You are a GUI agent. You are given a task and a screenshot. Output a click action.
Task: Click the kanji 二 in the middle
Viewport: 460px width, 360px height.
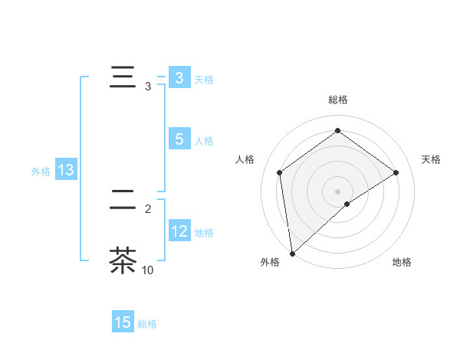(123, 198)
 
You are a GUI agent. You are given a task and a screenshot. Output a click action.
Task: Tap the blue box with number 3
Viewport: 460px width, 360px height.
(179, 78)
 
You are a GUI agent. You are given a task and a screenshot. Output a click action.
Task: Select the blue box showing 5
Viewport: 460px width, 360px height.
(179, 139)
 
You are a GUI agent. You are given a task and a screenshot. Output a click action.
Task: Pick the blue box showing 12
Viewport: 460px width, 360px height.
(179, 231)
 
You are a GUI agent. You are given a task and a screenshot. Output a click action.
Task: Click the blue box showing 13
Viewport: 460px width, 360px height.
(66, 171)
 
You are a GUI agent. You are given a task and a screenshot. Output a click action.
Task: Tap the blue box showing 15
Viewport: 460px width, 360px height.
(123, 322)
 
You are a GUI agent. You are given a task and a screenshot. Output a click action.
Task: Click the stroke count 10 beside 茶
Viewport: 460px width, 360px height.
(147, 270)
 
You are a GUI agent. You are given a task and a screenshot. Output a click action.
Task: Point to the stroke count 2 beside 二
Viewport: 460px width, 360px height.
(148, 208)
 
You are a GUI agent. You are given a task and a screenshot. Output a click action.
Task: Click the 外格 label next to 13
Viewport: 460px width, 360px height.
(41, 172)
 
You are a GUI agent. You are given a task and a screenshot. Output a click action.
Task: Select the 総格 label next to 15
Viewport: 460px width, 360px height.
(147, 324)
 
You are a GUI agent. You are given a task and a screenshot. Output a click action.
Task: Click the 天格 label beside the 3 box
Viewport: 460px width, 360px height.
(204, 80)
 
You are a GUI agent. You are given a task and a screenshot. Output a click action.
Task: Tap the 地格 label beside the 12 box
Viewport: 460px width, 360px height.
(204, 233)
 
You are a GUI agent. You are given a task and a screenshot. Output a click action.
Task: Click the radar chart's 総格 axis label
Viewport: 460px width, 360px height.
(337, 100)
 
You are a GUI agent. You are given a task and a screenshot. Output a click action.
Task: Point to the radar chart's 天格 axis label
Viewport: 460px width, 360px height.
(431, 159)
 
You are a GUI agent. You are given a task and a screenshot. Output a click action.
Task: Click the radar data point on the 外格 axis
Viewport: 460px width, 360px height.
(292, 253)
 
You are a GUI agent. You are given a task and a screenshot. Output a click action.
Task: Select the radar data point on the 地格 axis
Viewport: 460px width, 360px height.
(347, 204)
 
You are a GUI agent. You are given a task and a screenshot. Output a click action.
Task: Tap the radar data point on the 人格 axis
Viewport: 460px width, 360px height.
(280, 172)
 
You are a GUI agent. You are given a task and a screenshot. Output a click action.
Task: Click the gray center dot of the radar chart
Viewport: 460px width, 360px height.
(337, 191)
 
